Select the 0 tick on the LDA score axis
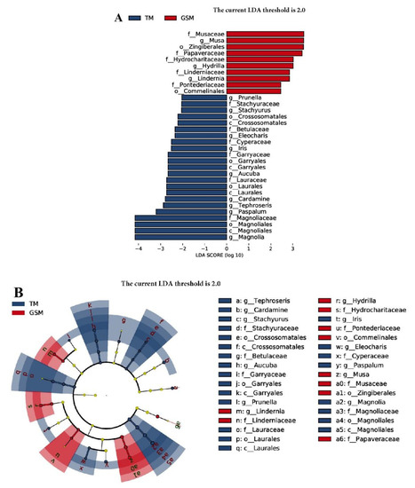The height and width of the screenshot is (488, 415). (228, 249)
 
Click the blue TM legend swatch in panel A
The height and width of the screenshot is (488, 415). (135, 16)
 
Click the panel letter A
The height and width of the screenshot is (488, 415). (117, 16)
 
